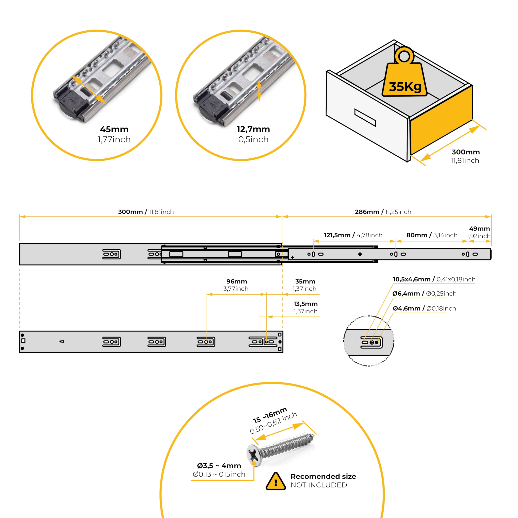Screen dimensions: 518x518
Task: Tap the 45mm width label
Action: (x=114, y=129)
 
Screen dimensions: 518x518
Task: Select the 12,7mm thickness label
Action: (x=253, y=129)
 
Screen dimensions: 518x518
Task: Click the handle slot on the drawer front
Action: (x=365, y=117)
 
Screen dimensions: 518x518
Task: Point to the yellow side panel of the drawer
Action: (x=441, y=121)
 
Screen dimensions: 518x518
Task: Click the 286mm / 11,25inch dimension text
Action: (x=383, y=212)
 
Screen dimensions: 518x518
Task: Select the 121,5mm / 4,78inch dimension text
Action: (x=353, y=235)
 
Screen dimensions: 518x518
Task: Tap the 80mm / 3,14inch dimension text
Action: (x=432, y=235)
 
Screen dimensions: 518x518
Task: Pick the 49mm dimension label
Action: (x=479, y=229)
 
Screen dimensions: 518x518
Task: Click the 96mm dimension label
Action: (x=237, y=281)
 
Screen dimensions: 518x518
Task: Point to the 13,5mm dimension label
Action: (x=305, y=304)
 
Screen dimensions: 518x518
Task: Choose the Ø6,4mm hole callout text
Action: (x=424, y=294)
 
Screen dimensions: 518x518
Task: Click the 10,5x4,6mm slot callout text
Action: (x=434, y=279)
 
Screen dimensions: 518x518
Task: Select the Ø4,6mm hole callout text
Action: (x=424, y=309)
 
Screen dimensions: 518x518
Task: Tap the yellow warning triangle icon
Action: (x=276, y=481)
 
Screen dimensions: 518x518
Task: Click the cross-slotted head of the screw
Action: (x=254, y=455)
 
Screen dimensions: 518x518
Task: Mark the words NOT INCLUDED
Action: (x=319, y=485)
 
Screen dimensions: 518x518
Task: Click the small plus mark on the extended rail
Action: (x=292, y=257)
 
